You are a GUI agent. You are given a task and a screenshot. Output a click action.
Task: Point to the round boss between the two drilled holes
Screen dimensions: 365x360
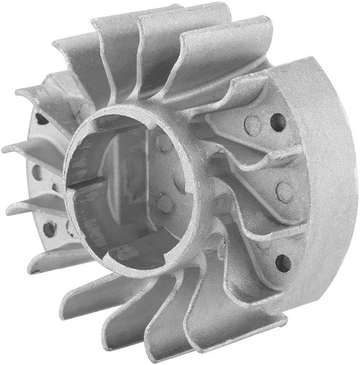(284, 191)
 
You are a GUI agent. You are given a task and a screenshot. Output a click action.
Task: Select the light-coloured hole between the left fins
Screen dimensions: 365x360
(36, 173)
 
